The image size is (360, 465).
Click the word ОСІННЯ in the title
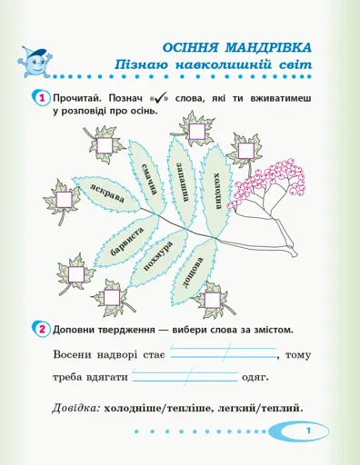(193, 46)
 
